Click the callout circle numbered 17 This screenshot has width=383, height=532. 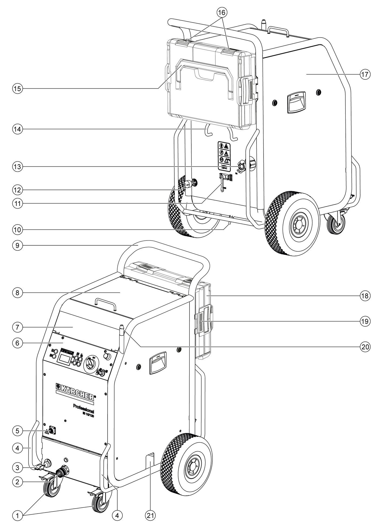tap(365, 74)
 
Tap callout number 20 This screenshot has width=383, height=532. tap(365, 346)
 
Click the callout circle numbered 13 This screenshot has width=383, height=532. tap(18, 167)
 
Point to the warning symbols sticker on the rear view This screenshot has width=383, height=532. tap(224, 156)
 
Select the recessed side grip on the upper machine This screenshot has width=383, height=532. tap(296, 103)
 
